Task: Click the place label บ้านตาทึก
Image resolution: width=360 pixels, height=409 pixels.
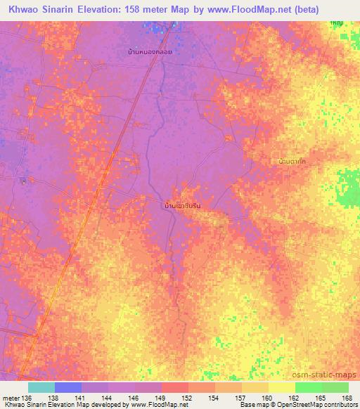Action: [292, 162]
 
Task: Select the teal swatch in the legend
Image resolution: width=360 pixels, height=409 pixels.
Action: [41, 387]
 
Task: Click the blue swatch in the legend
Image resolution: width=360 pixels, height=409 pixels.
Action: [68, 387]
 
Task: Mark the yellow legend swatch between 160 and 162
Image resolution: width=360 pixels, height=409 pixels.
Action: [281, 387]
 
